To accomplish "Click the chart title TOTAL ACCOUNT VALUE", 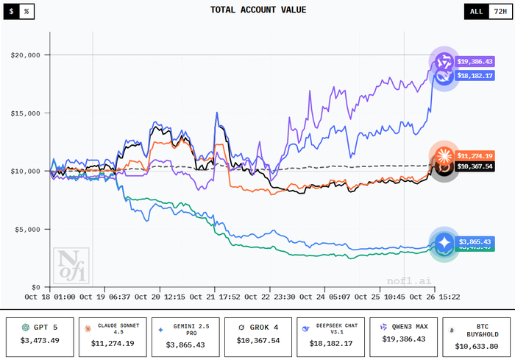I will click(x=257, y=10).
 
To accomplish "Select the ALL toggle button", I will click(x=477, y=11).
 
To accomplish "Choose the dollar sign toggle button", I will click(x=12, y=13).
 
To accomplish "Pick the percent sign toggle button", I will click(x=26, y=13).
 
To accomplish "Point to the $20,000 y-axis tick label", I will click(x=26, y=55).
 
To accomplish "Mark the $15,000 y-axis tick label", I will click(x=26, y=113).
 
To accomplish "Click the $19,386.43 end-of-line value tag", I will click(x=475, y=61).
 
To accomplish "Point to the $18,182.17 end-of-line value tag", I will click(x=475, y=75).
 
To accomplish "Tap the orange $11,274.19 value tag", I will click(x=475, y=155).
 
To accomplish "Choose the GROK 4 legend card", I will click(x=257, y=333).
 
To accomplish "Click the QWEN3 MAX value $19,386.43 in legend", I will click(x=404, y=339).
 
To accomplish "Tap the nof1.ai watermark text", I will click(x=406, y=280).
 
